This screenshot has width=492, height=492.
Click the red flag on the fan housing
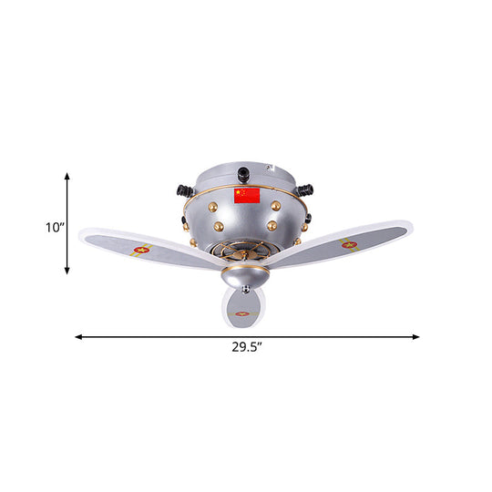tap(246, 196)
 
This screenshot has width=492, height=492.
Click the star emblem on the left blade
tap(141, 249)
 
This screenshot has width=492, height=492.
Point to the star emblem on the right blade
tap(348, 244)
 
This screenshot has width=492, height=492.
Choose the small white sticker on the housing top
tap(271, 167)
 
